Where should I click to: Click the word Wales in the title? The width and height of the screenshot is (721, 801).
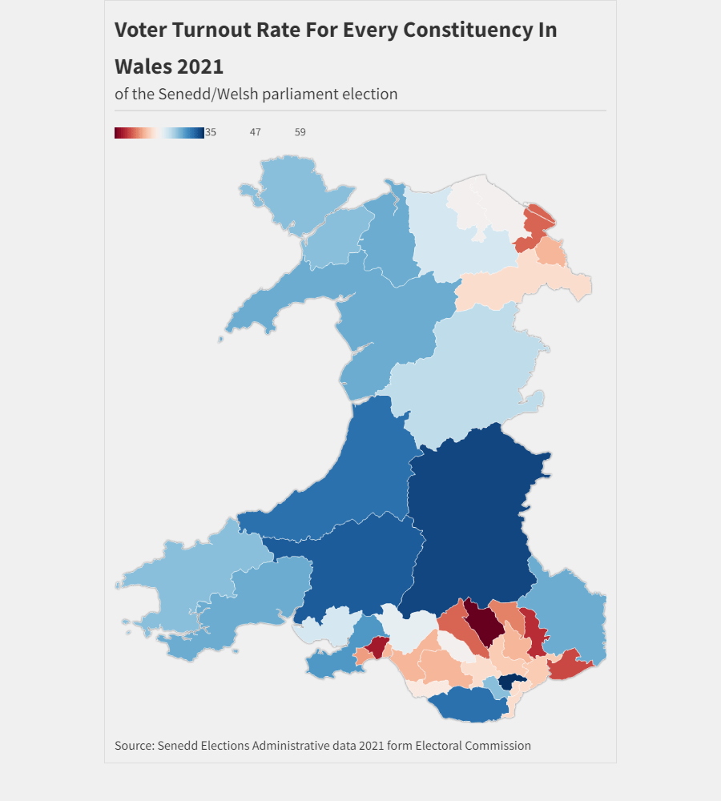tap(142, 66)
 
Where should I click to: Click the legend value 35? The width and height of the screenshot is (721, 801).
tap(211, 132)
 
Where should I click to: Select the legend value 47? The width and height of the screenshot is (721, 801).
tap(256, 132)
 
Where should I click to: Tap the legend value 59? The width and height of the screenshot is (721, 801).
tap(300, 132)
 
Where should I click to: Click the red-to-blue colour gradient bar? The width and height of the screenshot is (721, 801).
tap(159, 132)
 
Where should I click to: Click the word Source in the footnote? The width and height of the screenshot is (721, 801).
tap(133, 746)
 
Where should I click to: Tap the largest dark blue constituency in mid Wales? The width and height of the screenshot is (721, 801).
tap(473, 521)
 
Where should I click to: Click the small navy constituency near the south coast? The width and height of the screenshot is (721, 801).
tap(511, 682)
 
